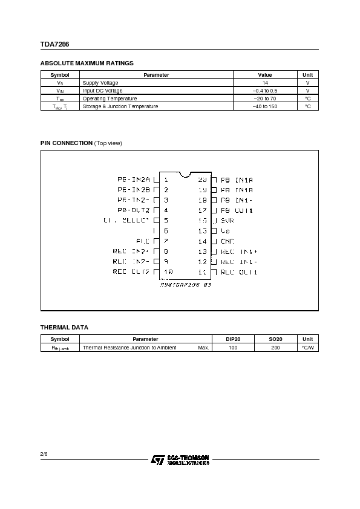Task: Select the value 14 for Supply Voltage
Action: click(265, 83)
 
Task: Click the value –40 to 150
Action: click(265, 106)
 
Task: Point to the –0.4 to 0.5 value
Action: click(265, 91)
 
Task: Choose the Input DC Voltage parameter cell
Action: click(102, 91)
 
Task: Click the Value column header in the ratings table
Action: click(265, 75)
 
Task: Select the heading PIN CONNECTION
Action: click(67, 143)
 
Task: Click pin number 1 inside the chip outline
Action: click(166, 180)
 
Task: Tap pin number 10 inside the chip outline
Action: click(168, 272)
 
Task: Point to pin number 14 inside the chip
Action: click(203, 241)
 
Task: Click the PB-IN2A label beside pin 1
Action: click(133, 180)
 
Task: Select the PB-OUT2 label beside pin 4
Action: click(134, 210)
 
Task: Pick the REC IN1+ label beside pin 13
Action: click(239, 251)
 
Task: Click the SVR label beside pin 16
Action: click(227, 221)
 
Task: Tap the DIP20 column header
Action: click(233, 340)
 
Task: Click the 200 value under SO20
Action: click(275, 348)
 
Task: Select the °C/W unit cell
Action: click(308, 348)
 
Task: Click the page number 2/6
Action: click(44, 452)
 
